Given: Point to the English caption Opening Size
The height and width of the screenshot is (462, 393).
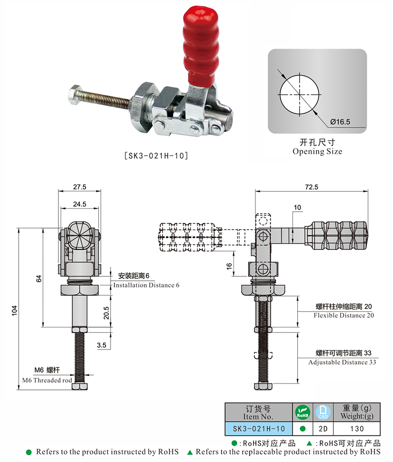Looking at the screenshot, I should click(317, 152).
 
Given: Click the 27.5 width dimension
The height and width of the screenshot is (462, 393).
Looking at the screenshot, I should click(80, 187).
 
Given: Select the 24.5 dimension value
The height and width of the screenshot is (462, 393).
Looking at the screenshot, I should click(80, 203).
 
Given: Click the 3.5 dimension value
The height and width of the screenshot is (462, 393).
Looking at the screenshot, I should click(102, 346).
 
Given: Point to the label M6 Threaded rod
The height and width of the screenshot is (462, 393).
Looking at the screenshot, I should click(47, 380).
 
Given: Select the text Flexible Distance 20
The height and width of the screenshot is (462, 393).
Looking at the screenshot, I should click(344, 315).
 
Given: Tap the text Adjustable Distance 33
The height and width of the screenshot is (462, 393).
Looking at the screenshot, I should click(342, 362).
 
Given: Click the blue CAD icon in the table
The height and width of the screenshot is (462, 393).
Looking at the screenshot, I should click(323, 412).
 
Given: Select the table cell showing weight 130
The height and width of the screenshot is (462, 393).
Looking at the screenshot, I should click(358, 428).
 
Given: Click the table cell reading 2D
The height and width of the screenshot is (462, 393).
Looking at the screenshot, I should click(323, 428).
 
